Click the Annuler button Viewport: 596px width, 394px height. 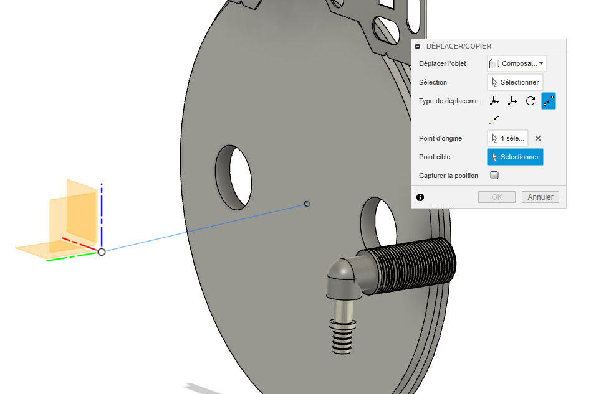pyautogui.click(x=541, y=197)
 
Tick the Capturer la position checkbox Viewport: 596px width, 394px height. pyautogui.click(x=494, y=176)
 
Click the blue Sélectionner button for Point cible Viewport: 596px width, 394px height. pyautogui.click(x=515, y=157)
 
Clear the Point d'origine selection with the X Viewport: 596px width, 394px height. pyautogui.click(x=538, y=138)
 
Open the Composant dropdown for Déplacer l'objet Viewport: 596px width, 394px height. pyautogui.click(x=517, y=63)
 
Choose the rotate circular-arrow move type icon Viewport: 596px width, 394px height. pyautogui.click(x=531, y=101)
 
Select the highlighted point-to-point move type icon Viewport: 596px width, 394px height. pyautogui.click(x=549, y=101)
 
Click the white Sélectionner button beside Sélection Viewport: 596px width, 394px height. pyautogui.click(x=515, y=82)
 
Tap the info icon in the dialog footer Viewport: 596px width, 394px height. pyautogui.click(x=420, y=197)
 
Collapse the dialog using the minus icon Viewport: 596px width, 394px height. pyautogui.click(x=418, y=46)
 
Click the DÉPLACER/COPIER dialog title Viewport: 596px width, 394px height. pyautogui.click(x=459, y=46)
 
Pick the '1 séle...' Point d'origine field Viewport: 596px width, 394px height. pyautogui.click(x=507, y=138)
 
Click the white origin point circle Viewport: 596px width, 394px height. pyautogui.click(x=102, y=251)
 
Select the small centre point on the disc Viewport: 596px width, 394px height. pyautogui.click(x=307, y=204)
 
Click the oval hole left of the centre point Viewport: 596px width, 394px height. pyautogui.click(x=236, y=177)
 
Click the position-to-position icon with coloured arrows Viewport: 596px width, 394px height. pyautogui.click(x=495, y=119)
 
